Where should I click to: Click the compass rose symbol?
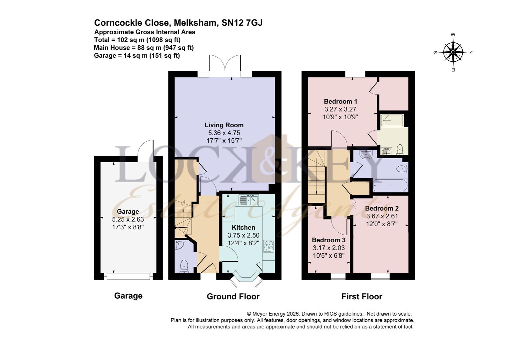point(453,52)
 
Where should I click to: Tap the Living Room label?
point(224,125)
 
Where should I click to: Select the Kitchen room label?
point(243,227)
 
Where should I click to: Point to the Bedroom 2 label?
point(382,208)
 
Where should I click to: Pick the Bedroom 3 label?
point(328,240)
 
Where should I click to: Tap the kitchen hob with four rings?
point(268,246)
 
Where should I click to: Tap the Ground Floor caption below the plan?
point(233,296)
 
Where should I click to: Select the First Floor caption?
point(362,296)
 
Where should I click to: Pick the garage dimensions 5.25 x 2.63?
point(128,219)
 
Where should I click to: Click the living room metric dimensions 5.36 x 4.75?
point(224,133)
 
